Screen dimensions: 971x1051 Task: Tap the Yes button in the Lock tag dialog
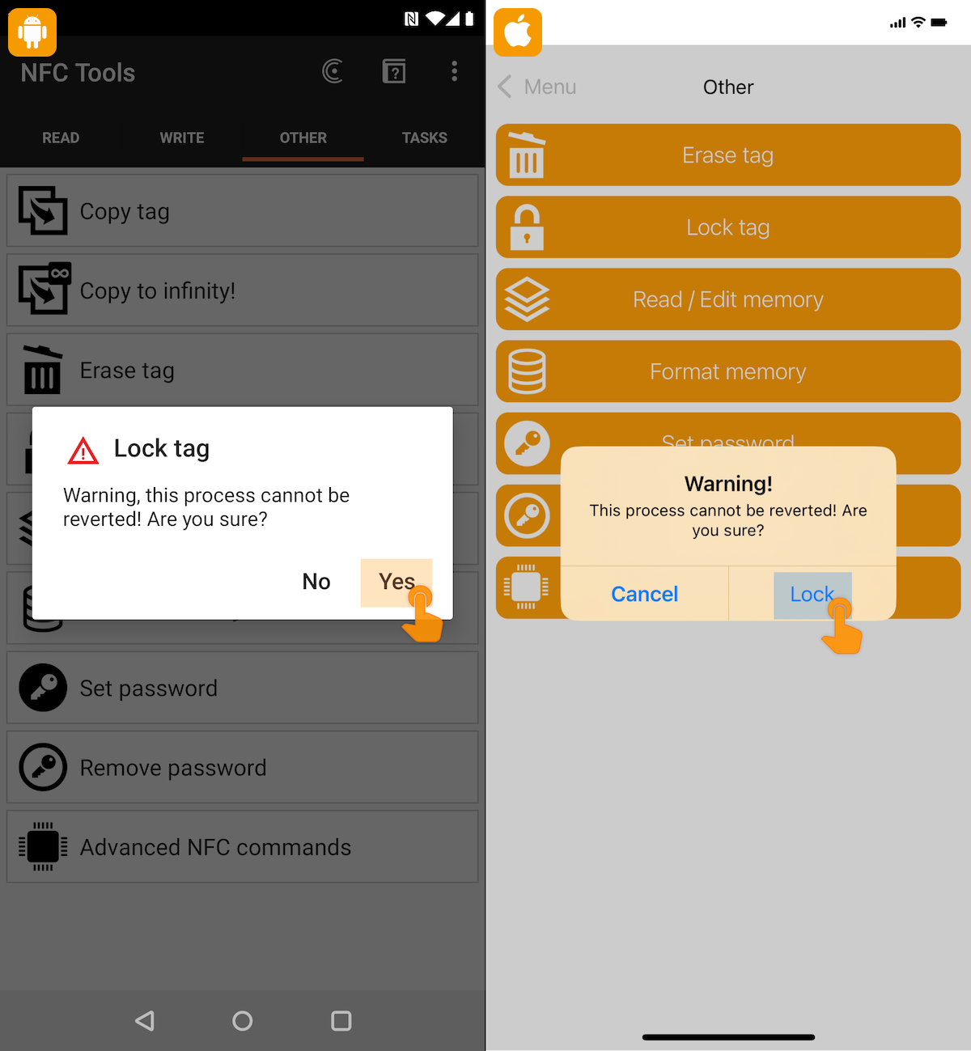[x=396, y=582]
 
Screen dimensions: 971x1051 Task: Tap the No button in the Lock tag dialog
[x=316, y=582]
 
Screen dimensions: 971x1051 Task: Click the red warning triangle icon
[x=83, y=451]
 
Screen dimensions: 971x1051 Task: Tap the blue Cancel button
[x=644, y=594]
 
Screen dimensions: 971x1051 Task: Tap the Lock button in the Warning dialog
[x=812, y=595]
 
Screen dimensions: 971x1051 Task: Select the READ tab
[x=61, y=138]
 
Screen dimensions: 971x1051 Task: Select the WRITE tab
[x=181, y=138]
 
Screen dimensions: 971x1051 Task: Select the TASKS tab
[x=425, y=138]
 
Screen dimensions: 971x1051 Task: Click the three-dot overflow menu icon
[x=454, y=71]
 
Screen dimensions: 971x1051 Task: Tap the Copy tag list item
[x=243, y=210]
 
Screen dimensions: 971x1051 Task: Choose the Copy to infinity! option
[x=243, y=290]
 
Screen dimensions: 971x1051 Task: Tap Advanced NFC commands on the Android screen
[x=243, y=847]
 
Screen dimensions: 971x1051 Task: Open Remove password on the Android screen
[x=243, y=767]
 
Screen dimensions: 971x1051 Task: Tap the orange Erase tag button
[x=728, y=155]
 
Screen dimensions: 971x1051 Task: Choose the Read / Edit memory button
[x=728, y=299]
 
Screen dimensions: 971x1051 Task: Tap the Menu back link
[x=536, y=87]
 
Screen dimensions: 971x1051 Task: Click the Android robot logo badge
[x=32, y=32]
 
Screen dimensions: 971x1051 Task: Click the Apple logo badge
[x=518, y=32]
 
